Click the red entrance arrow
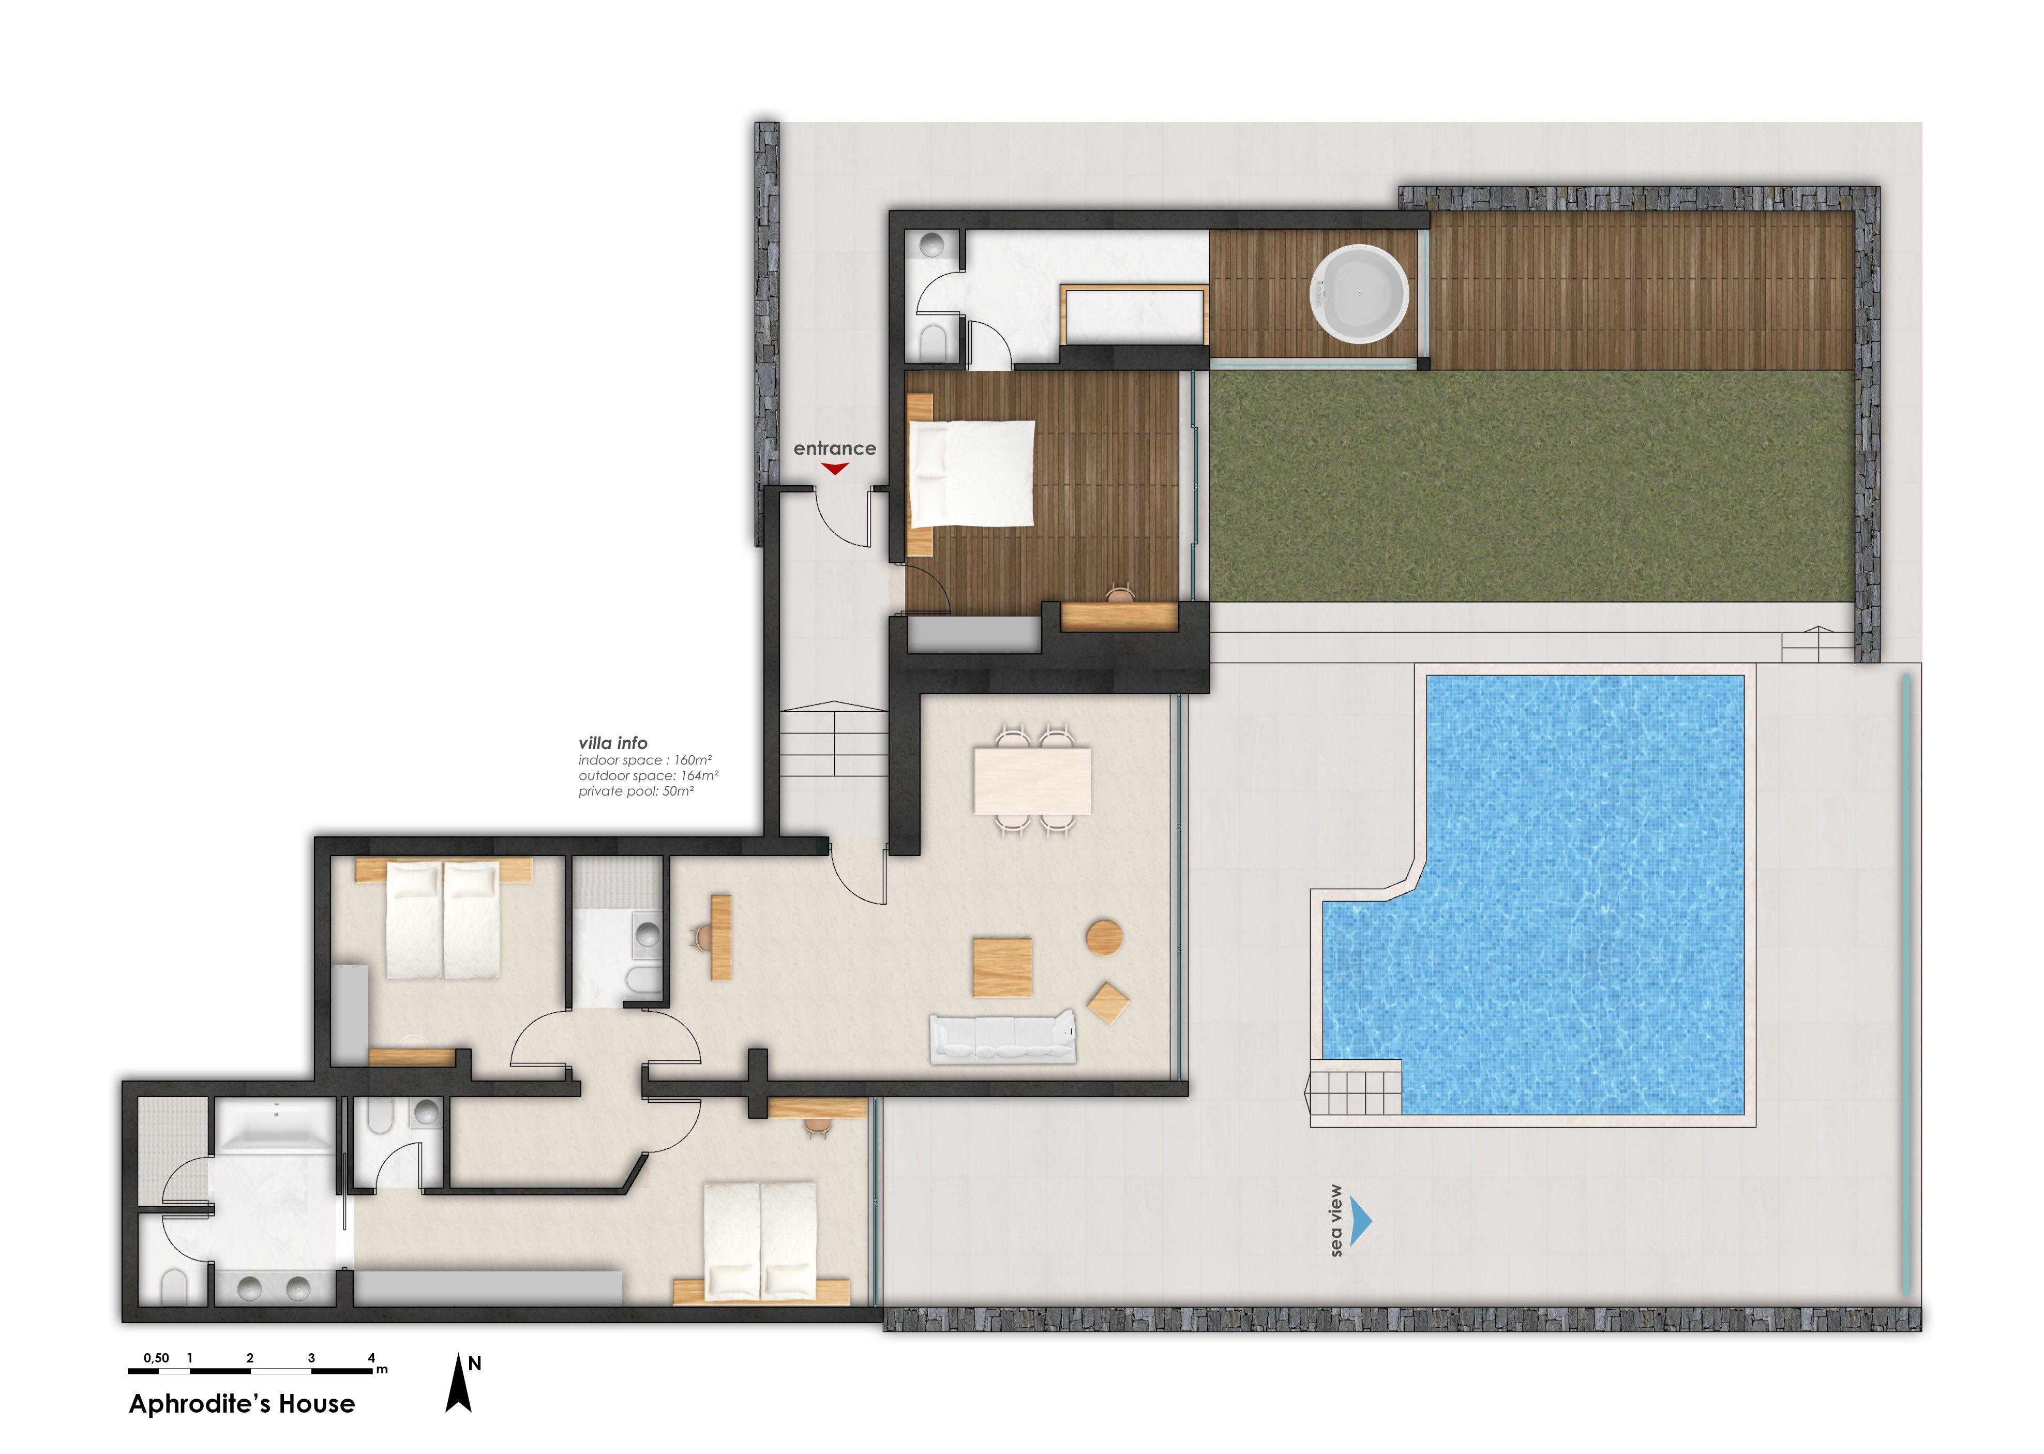[834, 468]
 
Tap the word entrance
[834, 447]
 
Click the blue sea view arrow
[1360, 1221]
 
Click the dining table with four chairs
[1032, 780]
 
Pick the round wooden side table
[1104, 937]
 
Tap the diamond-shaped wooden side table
[1107, 1003]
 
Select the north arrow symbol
[458, 1383]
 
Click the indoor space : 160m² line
[644, 760]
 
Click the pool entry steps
[1353, 1088]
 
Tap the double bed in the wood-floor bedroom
[971, 473]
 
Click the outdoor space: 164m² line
[648, 775]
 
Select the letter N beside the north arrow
[474, 1363]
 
